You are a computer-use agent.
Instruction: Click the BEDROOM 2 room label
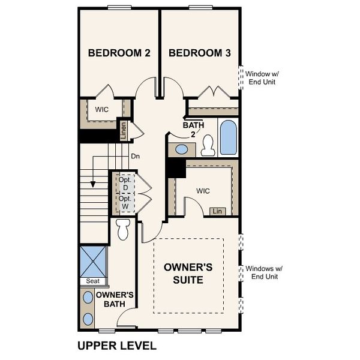coord(119,53)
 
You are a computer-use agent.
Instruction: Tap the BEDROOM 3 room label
coord(200,53)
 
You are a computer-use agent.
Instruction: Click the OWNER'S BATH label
coord(114,299)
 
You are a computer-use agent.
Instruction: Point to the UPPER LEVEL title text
coord(117,346)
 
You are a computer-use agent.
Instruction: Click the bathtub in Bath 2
coord(229,137)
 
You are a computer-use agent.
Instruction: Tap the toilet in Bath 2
coord(208,145)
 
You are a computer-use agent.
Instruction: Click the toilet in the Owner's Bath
coord(124,229)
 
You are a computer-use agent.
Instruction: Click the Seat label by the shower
coord(92,281)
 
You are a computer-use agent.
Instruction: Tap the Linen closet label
coord(124,130)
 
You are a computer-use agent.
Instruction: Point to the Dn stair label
coord(135,157)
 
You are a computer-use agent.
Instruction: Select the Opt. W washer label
coord(125,202)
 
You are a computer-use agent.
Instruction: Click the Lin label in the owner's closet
coord(217,211)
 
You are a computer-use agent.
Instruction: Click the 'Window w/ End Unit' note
coord(262,77)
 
